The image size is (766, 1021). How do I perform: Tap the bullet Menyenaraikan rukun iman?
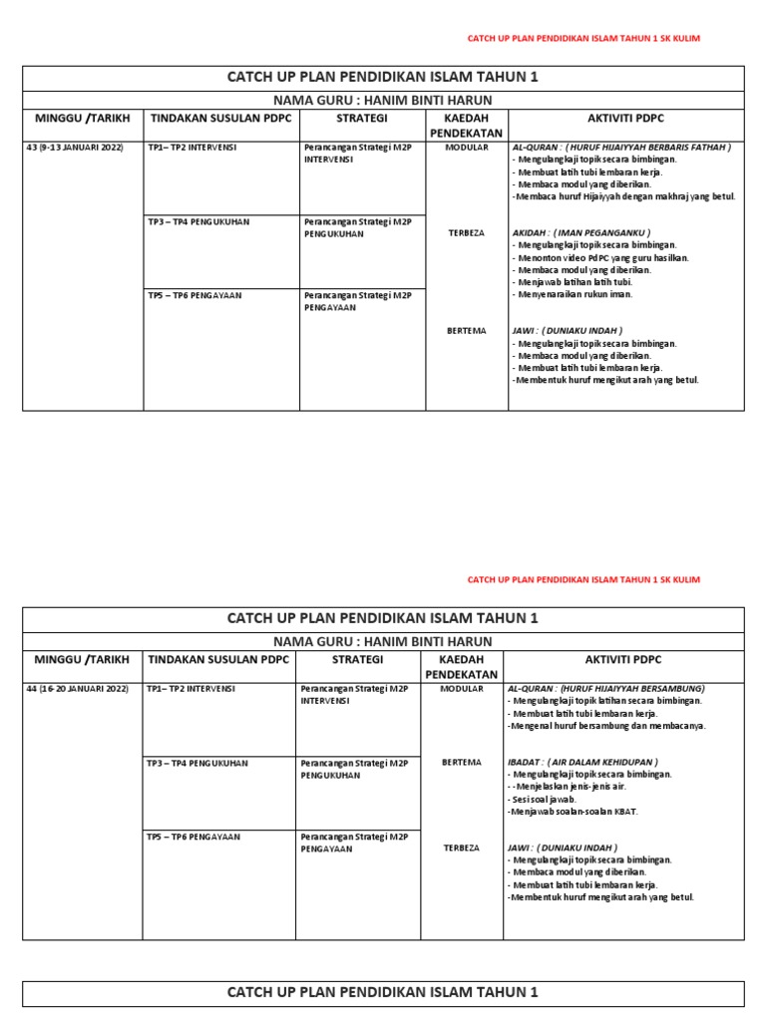click(x=574, y=294)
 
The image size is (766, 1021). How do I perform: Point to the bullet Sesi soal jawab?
click(x=545, y=799)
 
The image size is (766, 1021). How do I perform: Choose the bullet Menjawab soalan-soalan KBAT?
click(x=574, y=811)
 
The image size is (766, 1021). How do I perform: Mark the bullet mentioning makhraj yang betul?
click(x=623, y=196)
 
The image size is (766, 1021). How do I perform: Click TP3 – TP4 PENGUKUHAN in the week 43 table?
click(x=197, y=221)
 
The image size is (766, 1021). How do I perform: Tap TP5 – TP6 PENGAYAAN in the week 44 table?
click(x=193, y=837)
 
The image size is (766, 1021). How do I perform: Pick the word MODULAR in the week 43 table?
click(x=466, y=147)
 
